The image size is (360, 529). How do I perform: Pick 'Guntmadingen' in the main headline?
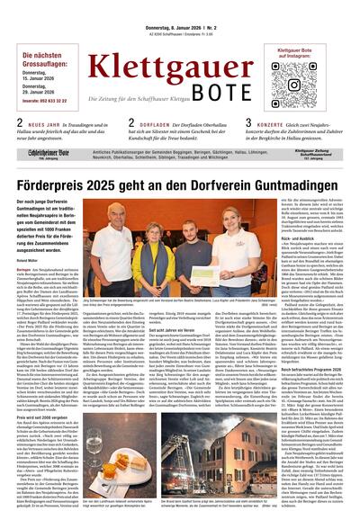(x=261, y=185)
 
